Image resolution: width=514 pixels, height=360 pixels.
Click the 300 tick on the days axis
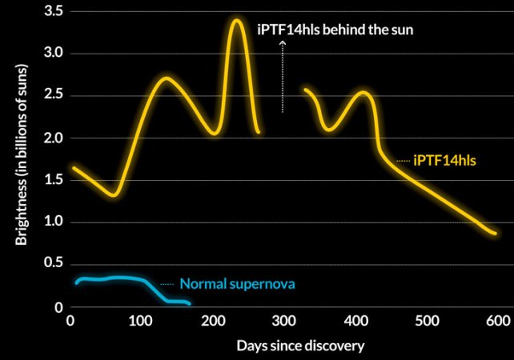(283, 321)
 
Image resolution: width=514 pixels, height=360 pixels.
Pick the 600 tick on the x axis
(497, 321)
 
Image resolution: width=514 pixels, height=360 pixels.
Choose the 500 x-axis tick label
(426, 321)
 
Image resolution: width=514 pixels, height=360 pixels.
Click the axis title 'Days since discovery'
(301, 346)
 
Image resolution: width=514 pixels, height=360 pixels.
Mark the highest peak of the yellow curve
(236, 20)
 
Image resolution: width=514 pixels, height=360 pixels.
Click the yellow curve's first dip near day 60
(114, 194)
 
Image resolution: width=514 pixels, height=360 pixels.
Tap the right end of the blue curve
(189, 304)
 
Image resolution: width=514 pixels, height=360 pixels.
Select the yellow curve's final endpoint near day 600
(495, 234)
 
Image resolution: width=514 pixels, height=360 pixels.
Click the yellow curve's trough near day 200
(214, 133)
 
